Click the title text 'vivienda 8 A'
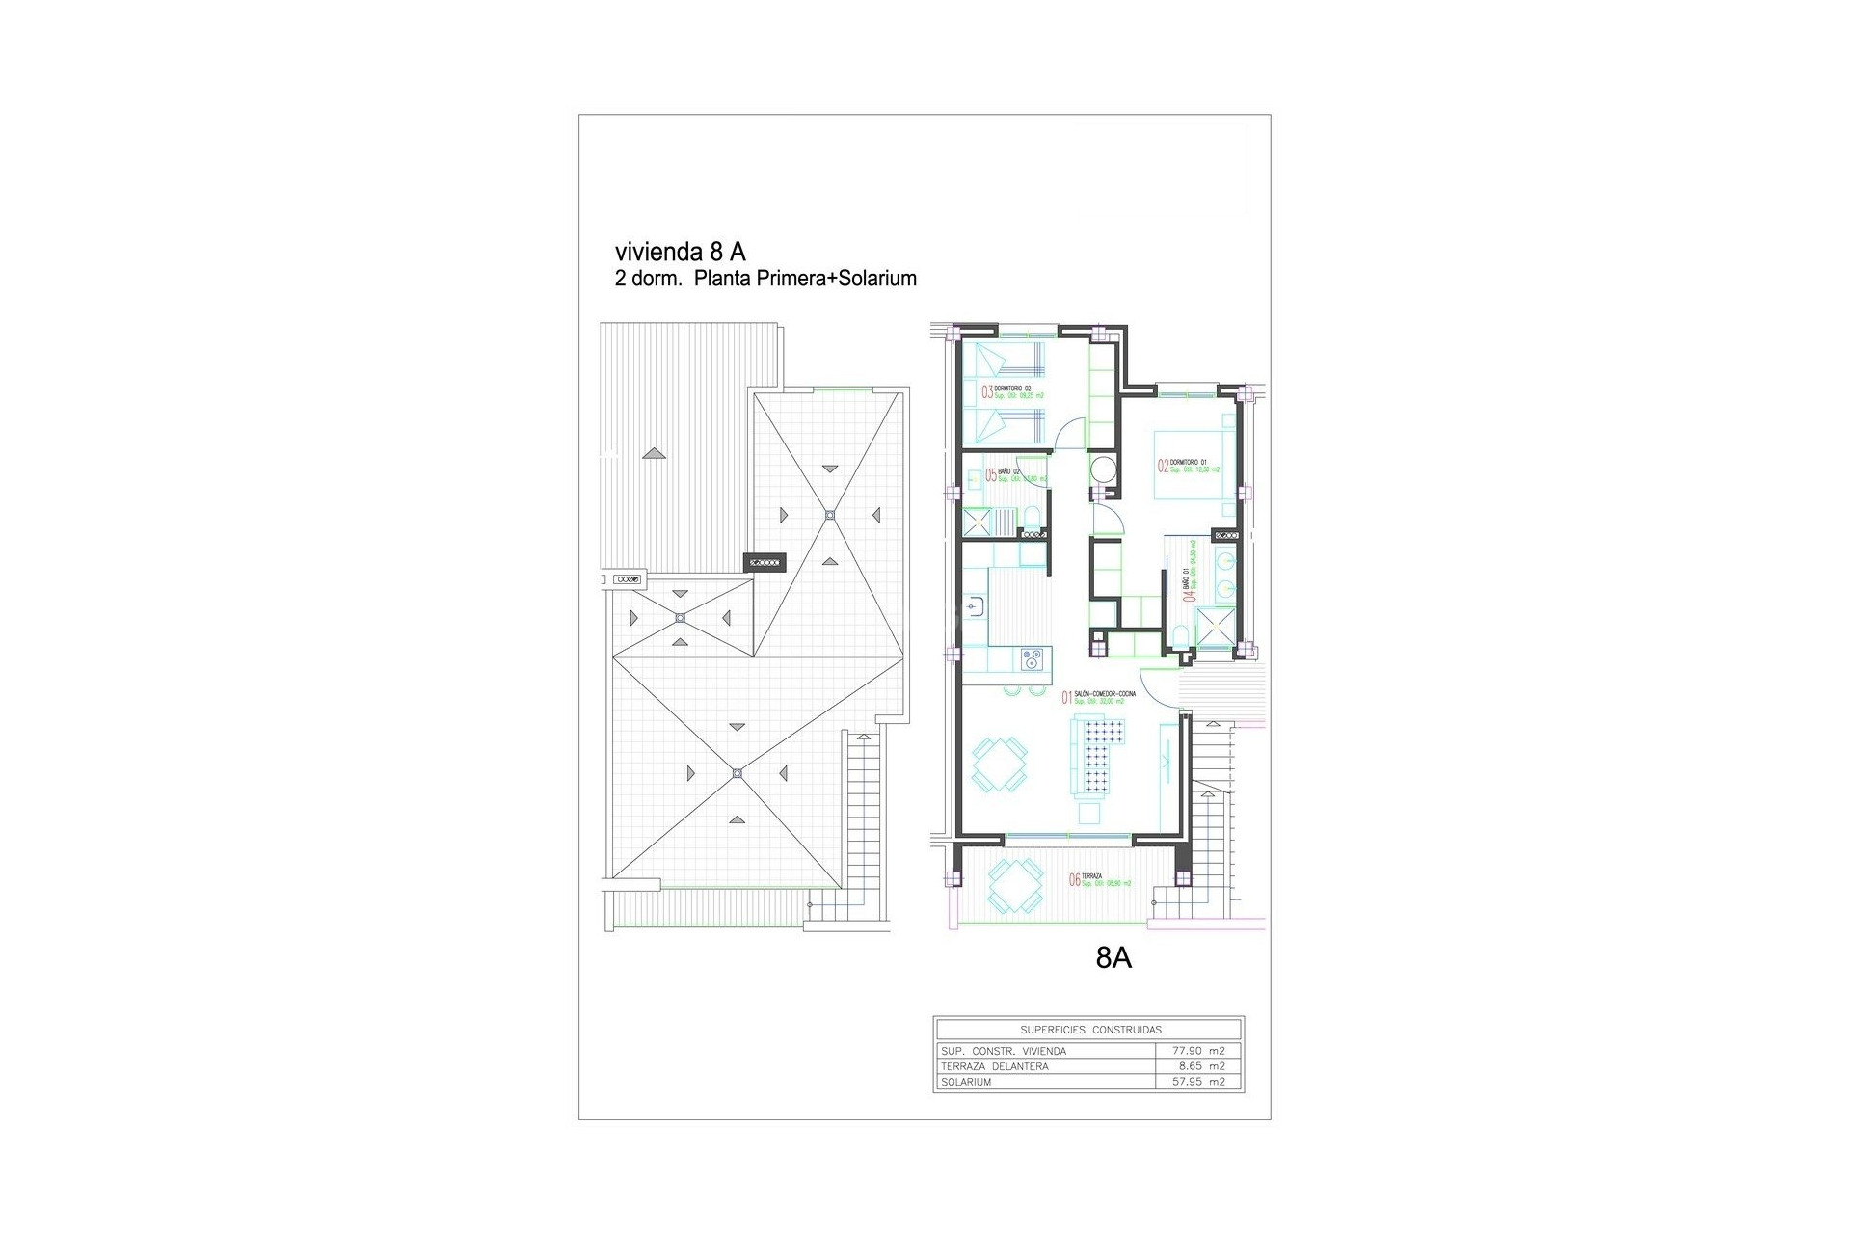click(680, 253)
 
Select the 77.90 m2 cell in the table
click(1198, 1051)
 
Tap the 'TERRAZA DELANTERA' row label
click(993, 1066)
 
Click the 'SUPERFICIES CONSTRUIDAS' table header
click(1090, 1030)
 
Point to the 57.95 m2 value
click(1198, 1082)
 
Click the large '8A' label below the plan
click(1113, 958)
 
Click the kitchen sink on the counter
click(1264, 605)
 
